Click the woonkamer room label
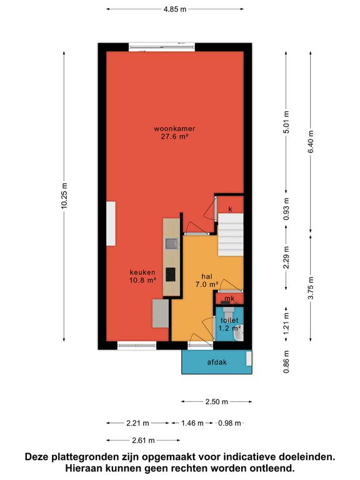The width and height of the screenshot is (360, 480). pyautogui.click(x=174, y=132)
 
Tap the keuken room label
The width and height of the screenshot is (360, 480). pyautogui.click(x=142, y=276)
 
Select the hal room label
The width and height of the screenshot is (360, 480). pyautogui.click(x=207, y=280)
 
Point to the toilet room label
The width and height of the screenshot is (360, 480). pyautogui.click(x=229, y=324)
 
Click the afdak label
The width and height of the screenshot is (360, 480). pyautogui.click(x=217, y=362)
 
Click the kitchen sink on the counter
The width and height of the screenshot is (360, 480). pyautogui.click(x=172, y=244)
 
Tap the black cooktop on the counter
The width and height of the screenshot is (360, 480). pyautogui.click(x=171, y=274)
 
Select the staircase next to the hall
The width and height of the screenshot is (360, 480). pyautogui.click(x=231, y=235)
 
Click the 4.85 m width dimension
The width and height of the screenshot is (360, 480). pyautogui.click(x=175, y=9)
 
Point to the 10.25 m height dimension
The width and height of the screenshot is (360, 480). pyautogui.click(x=64, y=196)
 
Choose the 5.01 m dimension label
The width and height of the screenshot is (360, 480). pyautogui.click(x=286, y=122)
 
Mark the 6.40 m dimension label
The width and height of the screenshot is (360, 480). pyautogui.click(x=311, y=142)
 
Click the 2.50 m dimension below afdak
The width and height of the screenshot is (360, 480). pyautogui.click(x=217, y=402)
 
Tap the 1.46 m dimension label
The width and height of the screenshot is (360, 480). pyautogui.click(x=192, y=423)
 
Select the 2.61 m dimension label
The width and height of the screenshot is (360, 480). pyautogui.click(x=143, y=441)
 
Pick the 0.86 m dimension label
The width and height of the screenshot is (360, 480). pyautogui.click(x=286, y=362)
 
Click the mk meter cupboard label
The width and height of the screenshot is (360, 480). pyautogui.click(x=229, y=298)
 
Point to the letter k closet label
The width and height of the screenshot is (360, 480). pyautogui.click(x=230, y=209)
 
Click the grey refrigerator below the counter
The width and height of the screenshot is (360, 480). pyautogui.click(x=161, y=314)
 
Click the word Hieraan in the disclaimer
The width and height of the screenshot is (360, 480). pyautogui.click(x=83, y=468)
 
